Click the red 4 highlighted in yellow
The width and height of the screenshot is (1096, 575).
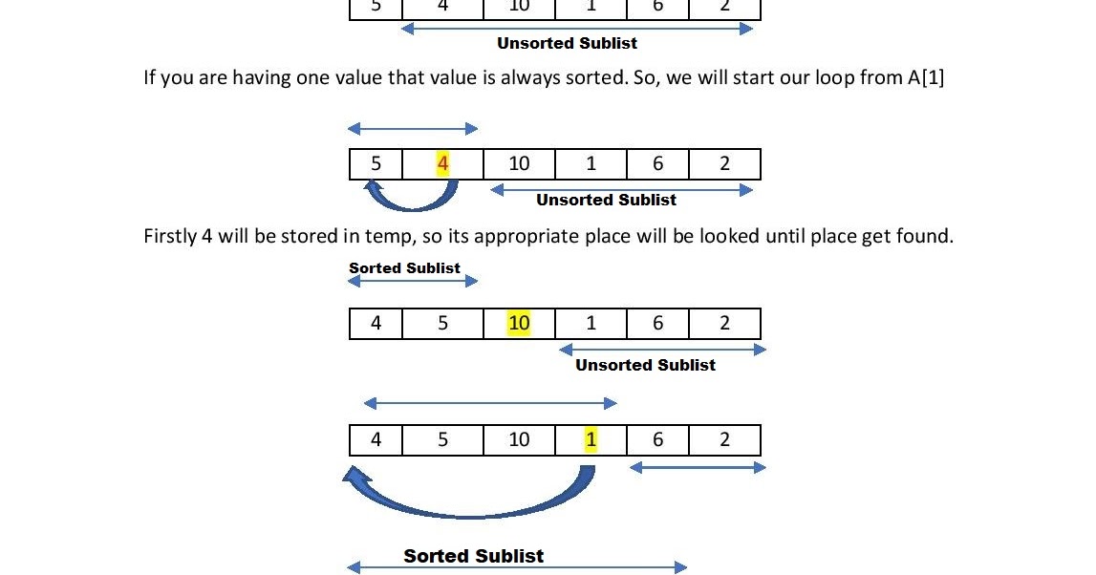pos(442,163)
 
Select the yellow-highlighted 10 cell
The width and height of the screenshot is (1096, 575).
pos(519,323)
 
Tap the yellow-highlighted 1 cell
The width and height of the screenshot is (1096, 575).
pos(591,439)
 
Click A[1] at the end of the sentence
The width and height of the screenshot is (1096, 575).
pos(926,77)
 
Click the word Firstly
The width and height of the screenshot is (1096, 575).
pos(170,236)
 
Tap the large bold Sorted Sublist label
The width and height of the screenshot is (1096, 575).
pos(473,556)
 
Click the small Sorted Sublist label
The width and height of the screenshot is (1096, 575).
pos(404,268)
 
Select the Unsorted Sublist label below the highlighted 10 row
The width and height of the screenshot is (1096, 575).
pos(645,365)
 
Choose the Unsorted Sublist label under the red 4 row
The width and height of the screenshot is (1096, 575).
pos(606,200)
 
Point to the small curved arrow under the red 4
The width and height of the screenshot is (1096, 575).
pos(411,196)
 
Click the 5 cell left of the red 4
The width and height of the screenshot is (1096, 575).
pos(376,163)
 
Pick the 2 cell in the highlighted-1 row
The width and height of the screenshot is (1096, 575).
pos(724,439)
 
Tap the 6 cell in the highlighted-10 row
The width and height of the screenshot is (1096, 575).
pos(657,323)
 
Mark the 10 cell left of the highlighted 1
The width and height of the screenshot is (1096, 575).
pos(519,439)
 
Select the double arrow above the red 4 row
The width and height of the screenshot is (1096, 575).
pos(413,128)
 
